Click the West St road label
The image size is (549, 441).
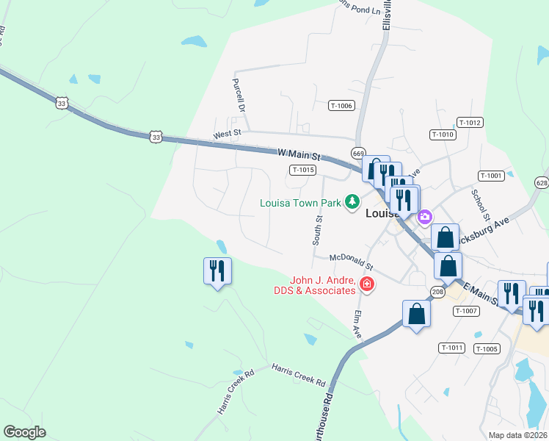(227, 135)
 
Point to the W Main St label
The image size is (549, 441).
(300, 156)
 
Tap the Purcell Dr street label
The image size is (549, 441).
(238, 95)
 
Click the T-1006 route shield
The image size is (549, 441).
(341, 106)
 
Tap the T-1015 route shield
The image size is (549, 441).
(302, 170)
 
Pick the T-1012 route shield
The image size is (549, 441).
(470, 122)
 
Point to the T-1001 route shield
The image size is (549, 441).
(490, 176)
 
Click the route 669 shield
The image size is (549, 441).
(358, 153)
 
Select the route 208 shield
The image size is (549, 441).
(437, 293)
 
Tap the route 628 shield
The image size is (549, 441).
(542, 182)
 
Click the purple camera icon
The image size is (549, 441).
(424, 217)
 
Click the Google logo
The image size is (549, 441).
(25, 432)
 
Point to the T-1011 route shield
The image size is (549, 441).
(452, 347)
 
